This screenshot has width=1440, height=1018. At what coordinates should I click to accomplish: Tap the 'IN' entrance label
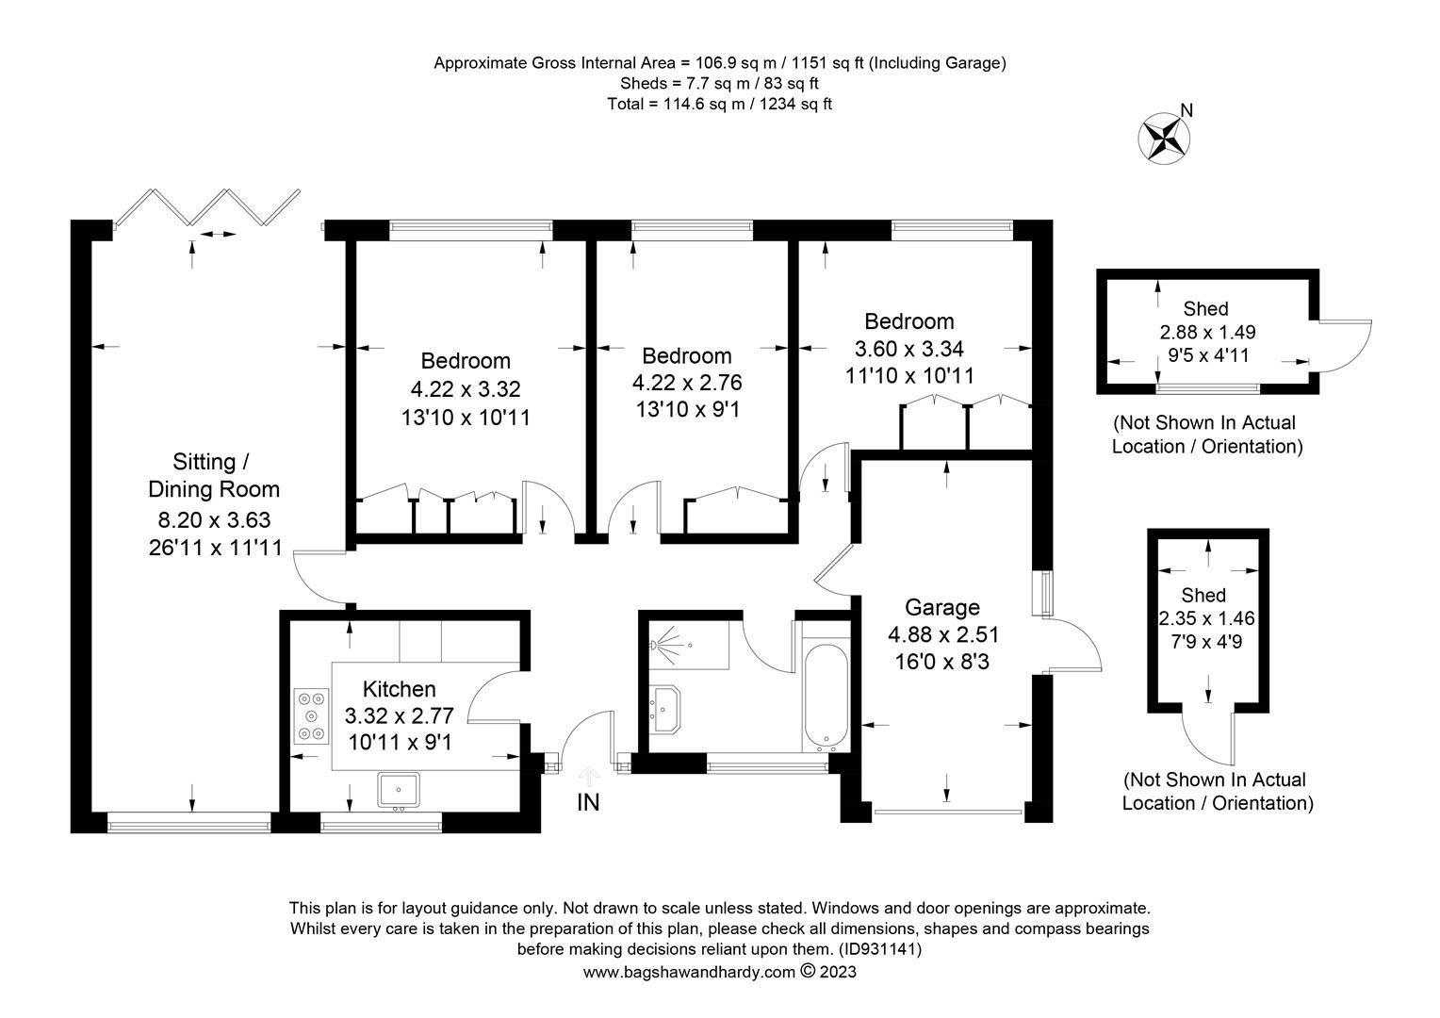click(x=588, y=803)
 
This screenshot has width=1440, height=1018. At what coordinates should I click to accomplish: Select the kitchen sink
click(x=400, y=790)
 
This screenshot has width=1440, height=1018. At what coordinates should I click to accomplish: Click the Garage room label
click(x=941, y=607)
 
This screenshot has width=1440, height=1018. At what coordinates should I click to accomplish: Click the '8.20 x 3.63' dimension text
click(x=214, y=519)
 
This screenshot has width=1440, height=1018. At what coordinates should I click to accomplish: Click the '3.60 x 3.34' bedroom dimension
click(x=908, y=349)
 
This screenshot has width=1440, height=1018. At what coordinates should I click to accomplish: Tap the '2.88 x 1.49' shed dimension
click(x=1207, y=332)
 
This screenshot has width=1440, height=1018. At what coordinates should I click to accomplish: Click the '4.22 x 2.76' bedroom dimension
click(x=686, y=383)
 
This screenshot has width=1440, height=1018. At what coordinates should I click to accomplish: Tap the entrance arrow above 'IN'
click(x=589, y=776)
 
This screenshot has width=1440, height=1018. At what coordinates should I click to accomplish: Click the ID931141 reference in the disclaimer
click(x=878, y=950)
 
